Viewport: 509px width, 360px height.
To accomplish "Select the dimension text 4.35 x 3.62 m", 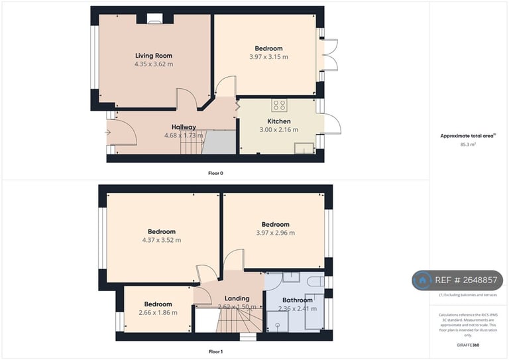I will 154,64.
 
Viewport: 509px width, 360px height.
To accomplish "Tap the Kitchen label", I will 278,121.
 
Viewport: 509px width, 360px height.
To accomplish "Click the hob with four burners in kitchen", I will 279,105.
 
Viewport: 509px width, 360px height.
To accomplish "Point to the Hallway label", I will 184,127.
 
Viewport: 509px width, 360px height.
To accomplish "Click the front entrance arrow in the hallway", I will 108,132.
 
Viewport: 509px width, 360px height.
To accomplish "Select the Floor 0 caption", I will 216,172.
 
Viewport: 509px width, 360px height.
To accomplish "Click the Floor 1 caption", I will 216,352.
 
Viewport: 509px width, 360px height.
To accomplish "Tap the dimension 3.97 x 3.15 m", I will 268,57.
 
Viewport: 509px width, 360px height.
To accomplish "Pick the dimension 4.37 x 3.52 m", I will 162,240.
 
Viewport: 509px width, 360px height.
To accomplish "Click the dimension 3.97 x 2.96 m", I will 275,233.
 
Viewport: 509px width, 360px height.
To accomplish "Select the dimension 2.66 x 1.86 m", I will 158,312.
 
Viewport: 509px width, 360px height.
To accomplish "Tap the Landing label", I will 237,298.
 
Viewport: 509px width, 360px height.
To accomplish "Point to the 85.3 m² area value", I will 468,144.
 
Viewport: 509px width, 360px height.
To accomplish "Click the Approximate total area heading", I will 468,135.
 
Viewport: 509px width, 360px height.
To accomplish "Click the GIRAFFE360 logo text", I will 468,345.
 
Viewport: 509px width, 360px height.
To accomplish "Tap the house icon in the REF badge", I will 422,280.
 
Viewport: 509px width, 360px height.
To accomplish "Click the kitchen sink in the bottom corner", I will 305,148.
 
